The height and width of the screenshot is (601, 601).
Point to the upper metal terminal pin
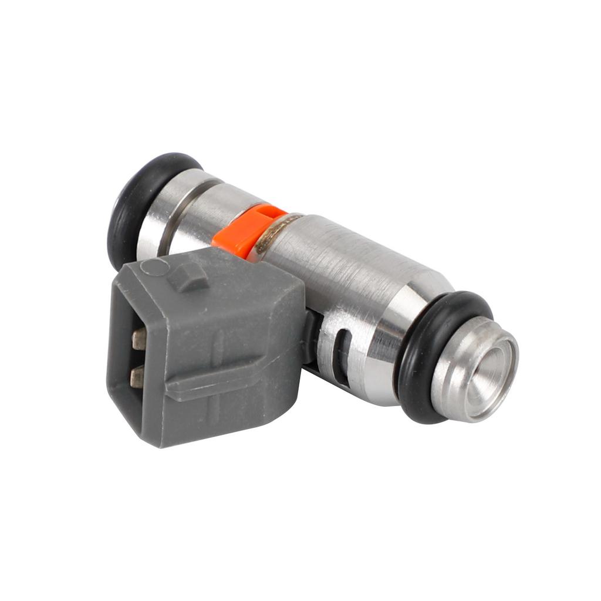pos(139,339)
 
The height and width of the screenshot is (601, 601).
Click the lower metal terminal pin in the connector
pos(137,376)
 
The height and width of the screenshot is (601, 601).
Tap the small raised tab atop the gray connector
pos(189,277)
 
